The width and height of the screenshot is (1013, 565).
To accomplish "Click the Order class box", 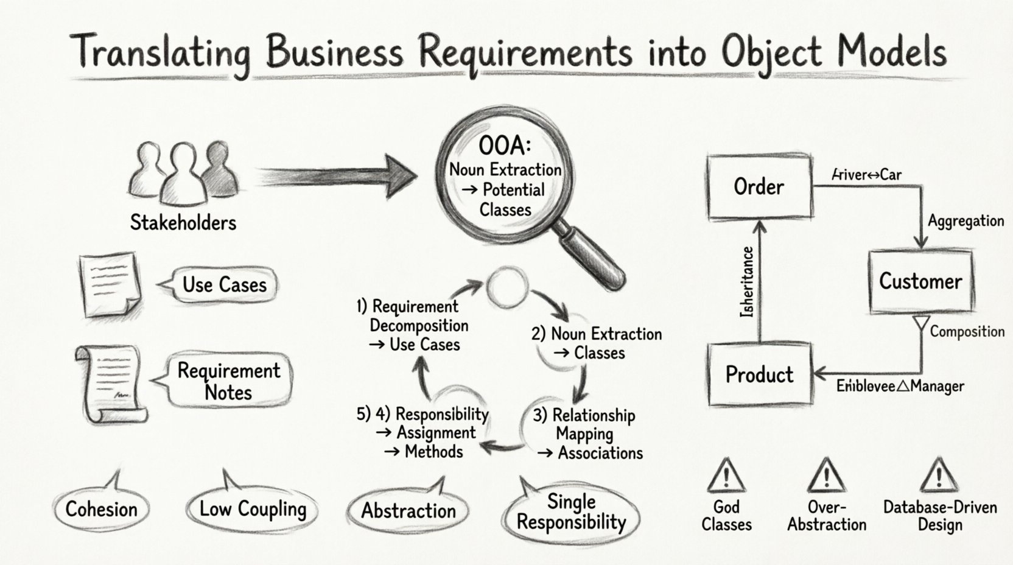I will coord(759,187).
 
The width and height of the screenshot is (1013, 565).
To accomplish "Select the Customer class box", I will coord(920,281).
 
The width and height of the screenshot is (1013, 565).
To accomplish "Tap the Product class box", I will coord(759,374).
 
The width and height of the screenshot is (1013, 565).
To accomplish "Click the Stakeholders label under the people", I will coord(183,222).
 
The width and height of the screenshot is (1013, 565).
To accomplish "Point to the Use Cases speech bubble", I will coord(223,284).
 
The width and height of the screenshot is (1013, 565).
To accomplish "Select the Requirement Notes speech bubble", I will coord(228,381).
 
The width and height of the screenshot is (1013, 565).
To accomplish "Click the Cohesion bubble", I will coord(101,509).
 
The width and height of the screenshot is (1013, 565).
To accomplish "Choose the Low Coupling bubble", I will coord(252,509).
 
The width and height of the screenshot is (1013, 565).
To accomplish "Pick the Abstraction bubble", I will coord(408,510).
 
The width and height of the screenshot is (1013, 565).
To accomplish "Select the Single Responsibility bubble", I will coord(571,513).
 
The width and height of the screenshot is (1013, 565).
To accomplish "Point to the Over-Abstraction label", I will coord(826,516).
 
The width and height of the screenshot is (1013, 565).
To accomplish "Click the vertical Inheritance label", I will coord(748,282).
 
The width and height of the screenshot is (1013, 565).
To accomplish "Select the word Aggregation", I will coord(966,221).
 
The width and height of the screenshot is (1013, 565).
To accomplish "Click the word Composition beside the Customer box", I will coord(967,332).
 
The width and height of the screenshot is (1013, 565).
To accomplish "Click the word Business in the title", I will coord(334,52).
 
